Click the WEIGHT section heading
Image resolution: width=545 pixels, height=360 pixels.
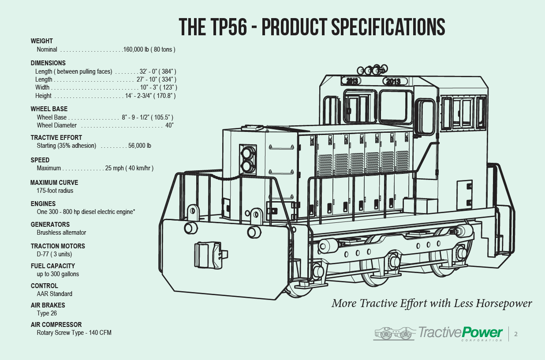[x=42, y=41]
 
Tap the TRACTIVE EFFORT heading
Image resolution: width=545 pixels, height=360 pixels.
[x=56, y=138]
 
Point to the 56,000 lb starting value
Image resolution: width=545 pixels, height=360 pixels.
[x=140, y=146]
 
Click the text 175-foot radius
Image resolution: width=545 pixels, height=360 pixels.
[x=55, y=191]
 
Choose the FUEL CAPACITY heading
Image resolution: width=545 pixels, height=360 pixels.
[x=53, y=266]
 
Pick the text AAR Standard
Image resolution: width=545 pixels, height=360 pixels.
[x=55, y=294]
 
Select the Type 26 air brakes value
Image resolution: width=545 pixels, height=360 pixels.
[x=47, y=313]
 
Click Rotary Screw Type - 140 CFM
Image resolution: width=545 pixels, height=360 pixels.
[x=74, y=333]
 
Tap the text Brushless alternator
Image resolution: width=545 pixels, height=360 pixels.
[x=61, y=232]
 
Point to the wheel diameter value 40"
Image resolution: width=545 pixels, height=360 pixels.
[x=169, y=125]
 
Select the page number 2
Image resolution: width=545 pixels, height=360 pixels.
[x=516, y=334]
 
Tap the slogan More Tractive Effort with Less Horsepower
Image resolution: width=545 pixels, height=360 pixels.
[x=432, y=304]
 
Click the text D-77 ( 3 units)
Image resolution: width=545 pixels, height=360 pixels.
[x=54, y=254]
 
